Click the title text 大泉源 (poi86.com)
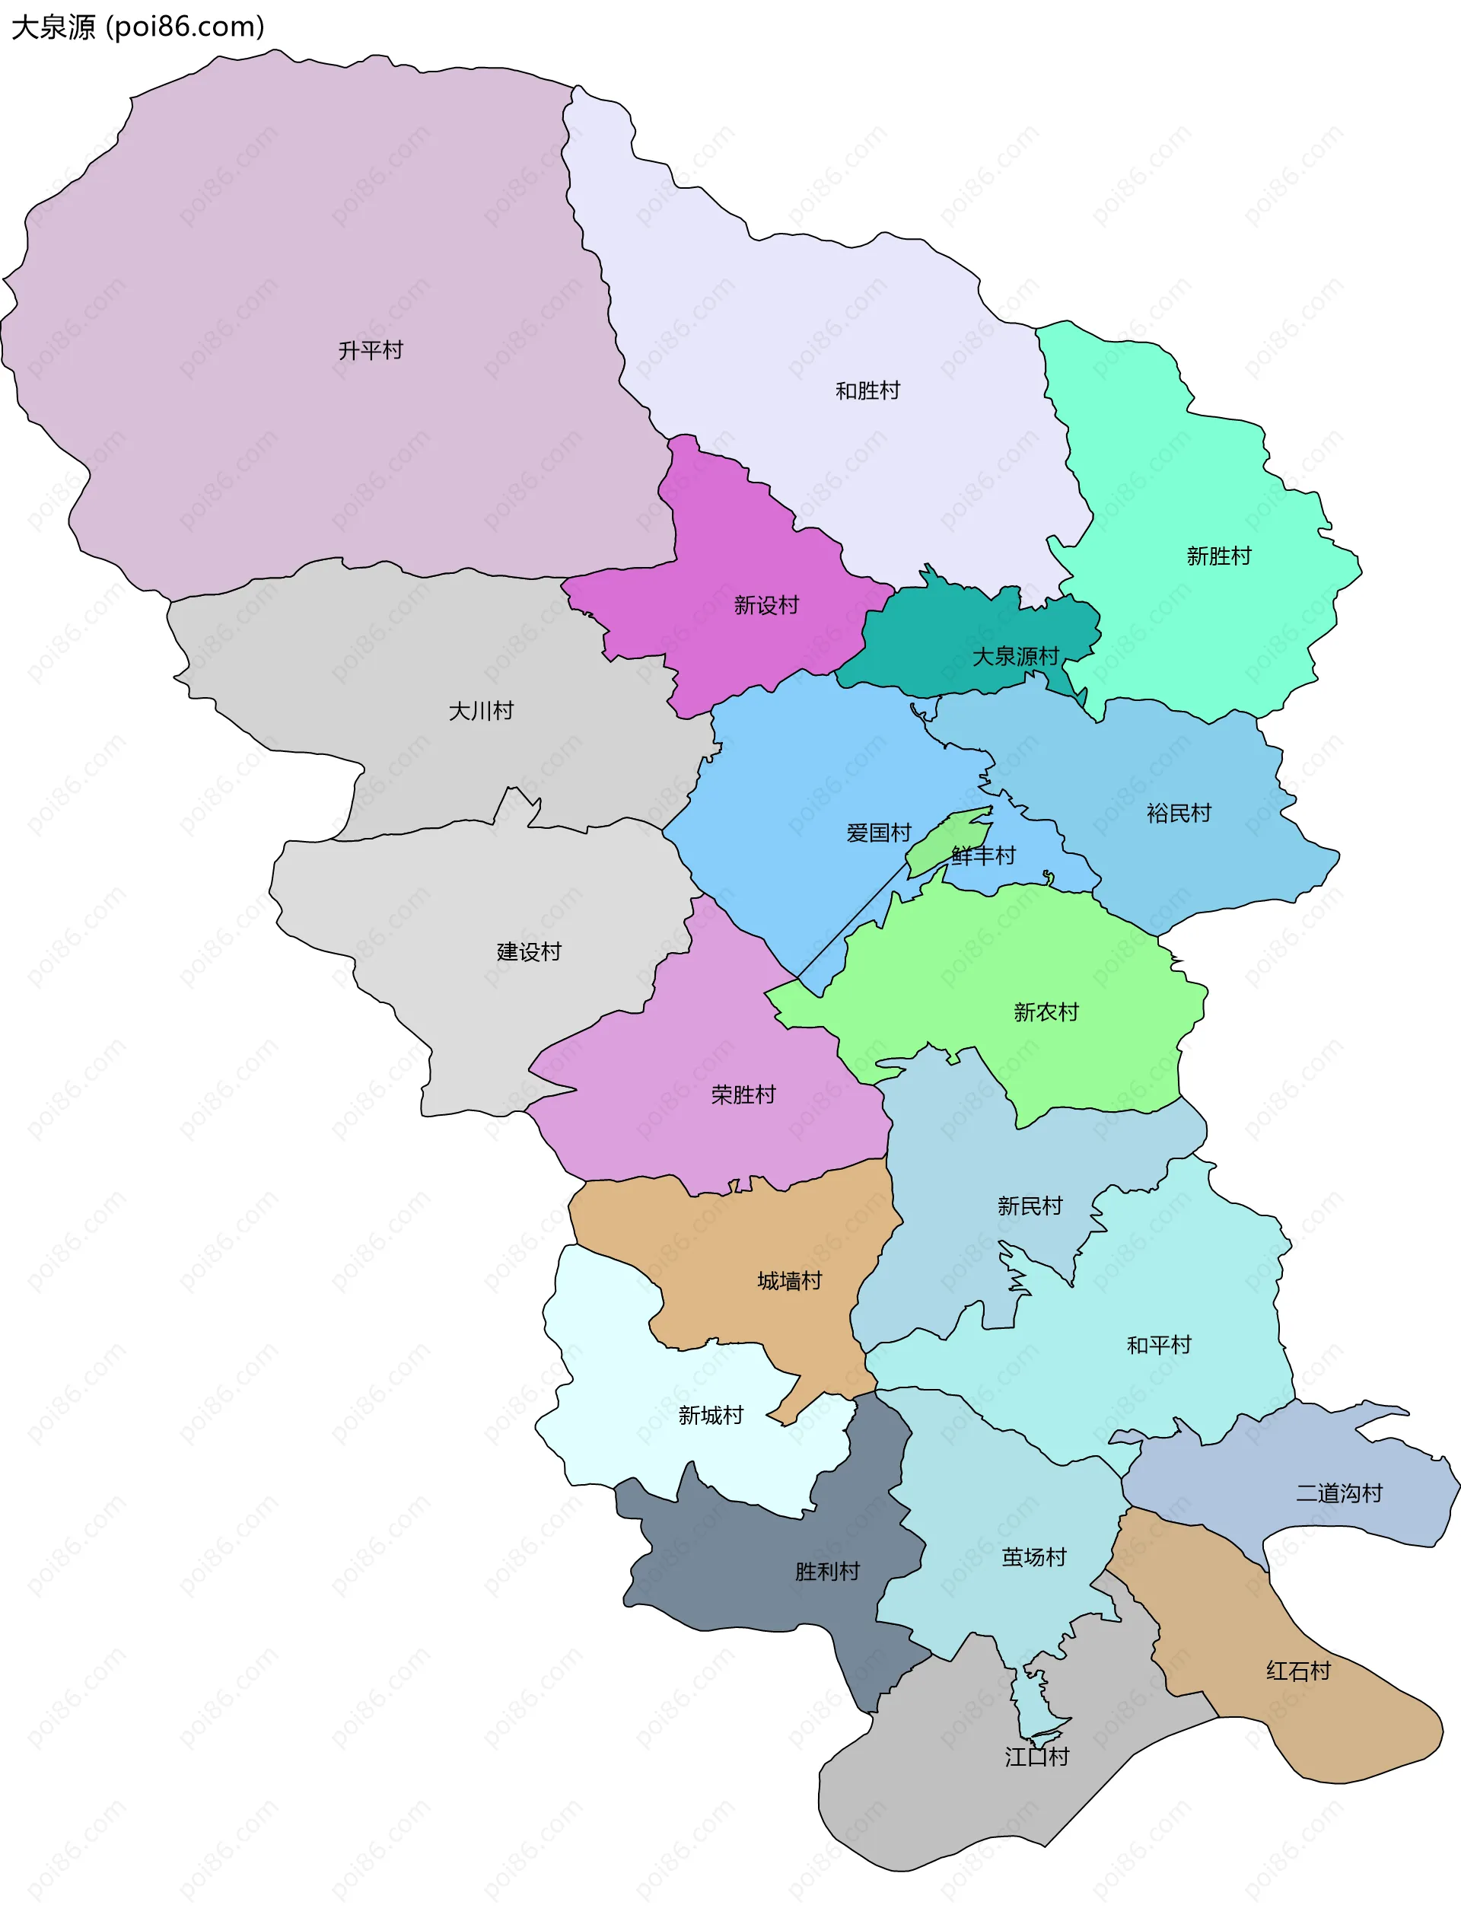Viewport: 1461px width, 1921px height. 138,27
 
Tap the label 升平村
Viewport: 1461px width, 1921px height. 371,350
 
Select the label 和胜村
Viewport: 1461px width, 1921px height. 867,391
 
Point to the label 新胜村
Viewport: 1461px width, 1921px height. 1218,556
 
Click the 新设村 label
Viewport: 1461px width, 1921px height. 766,605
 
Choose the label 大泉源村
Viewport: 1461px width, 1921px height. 1015,657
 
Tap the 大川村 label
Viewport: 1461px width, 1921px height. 481,712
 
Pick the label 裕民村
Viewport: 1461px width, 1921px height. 1179,814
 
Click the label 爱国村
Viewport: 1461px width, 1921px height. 878,833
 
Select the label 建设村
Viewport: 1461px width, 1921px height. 529,952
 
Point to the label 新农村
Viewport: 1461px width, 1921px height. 1046,1012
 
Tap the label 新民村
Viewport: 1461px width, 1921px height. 1030,1206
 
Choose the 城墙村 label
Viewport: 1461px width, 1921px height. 789,1281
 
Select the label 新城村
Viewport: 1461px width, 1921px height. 711,1416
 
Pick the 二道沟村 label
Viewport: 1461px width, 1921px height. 1338,1494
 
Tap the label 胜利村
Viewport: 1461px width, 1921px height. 826,1572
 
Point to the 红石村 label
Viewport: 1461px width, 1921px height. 1297,1671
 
